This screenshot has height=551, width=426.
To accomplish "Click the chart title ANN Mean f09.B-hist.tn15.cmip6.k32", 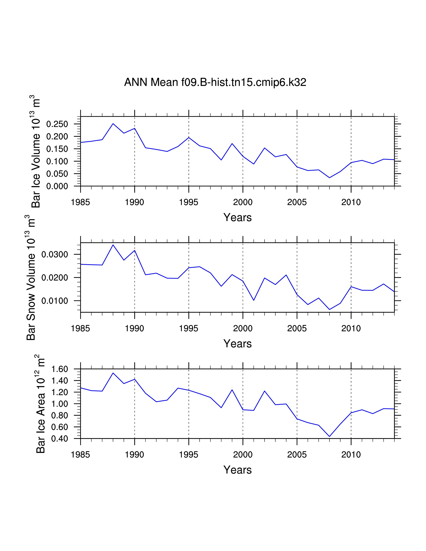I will pos(215,82).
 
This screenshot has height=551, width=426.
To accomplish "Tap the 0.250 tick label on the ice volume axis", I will pos(57,124).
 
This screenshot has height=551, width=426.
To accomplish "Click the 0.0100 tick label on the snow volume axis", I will pos(54,301).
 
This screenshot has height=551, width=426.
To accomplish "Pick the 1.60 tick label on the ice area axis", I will pos(60,369).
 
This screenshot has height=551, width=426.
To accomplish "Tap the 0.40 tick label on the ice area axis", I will pos(60,439).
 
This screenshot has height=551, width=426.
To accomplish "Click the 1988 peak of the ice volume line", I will pos(113,124).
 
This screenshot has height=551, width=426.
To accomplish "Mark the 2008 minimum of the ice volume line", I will pos(329,178).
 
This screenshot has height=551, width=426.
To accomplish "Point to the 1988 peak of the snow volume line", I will pos(113,245).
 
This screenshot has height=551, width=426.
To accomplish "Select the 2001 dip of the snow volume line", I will pos(254,300).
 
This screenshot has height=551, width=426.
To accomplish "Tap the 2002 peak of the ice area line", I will pos(264,391).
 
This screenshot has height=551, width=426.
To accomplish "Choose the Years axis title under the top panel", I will pos(238,217).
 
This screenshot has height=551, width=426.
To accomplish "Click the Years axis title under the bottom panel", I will pos(238,470).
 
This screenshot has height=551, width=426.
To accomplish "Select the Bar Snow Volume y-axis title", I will pos(31,278).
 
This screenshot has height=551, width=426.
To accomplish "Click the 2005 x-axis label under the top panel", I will pos(297,202).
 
